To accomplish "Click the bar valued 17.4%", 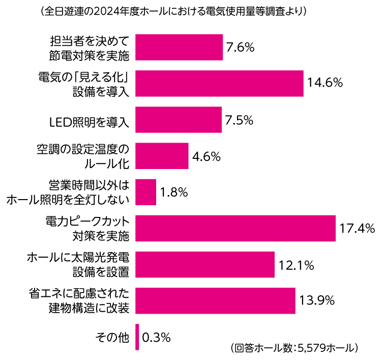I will [235, 228].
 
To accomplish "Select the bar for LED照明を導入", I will [179, 120].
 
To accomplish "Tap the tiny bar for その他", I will [137, 337].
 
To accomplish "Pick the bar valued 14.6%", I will [219, 84].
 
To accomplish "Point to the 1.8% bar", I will [146, 192].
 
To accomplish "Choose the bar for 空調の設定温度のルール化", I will [162, 156].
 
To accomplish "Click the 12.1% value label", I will [296, 265].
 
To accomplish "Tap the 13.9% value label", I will [317, 300].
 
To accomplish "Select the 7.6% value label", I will [240, 47].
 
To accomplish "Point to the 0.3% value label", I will [156, 337].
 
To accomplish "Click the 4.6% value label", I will [206, 156].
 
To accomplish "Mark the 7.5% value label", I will [239, 120].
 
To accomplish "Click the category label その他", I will [112, 337].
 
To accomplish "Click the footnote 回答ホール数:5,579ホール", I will [297, 348].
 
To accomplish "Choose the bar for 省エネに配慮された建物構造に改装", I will [216, 300].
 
